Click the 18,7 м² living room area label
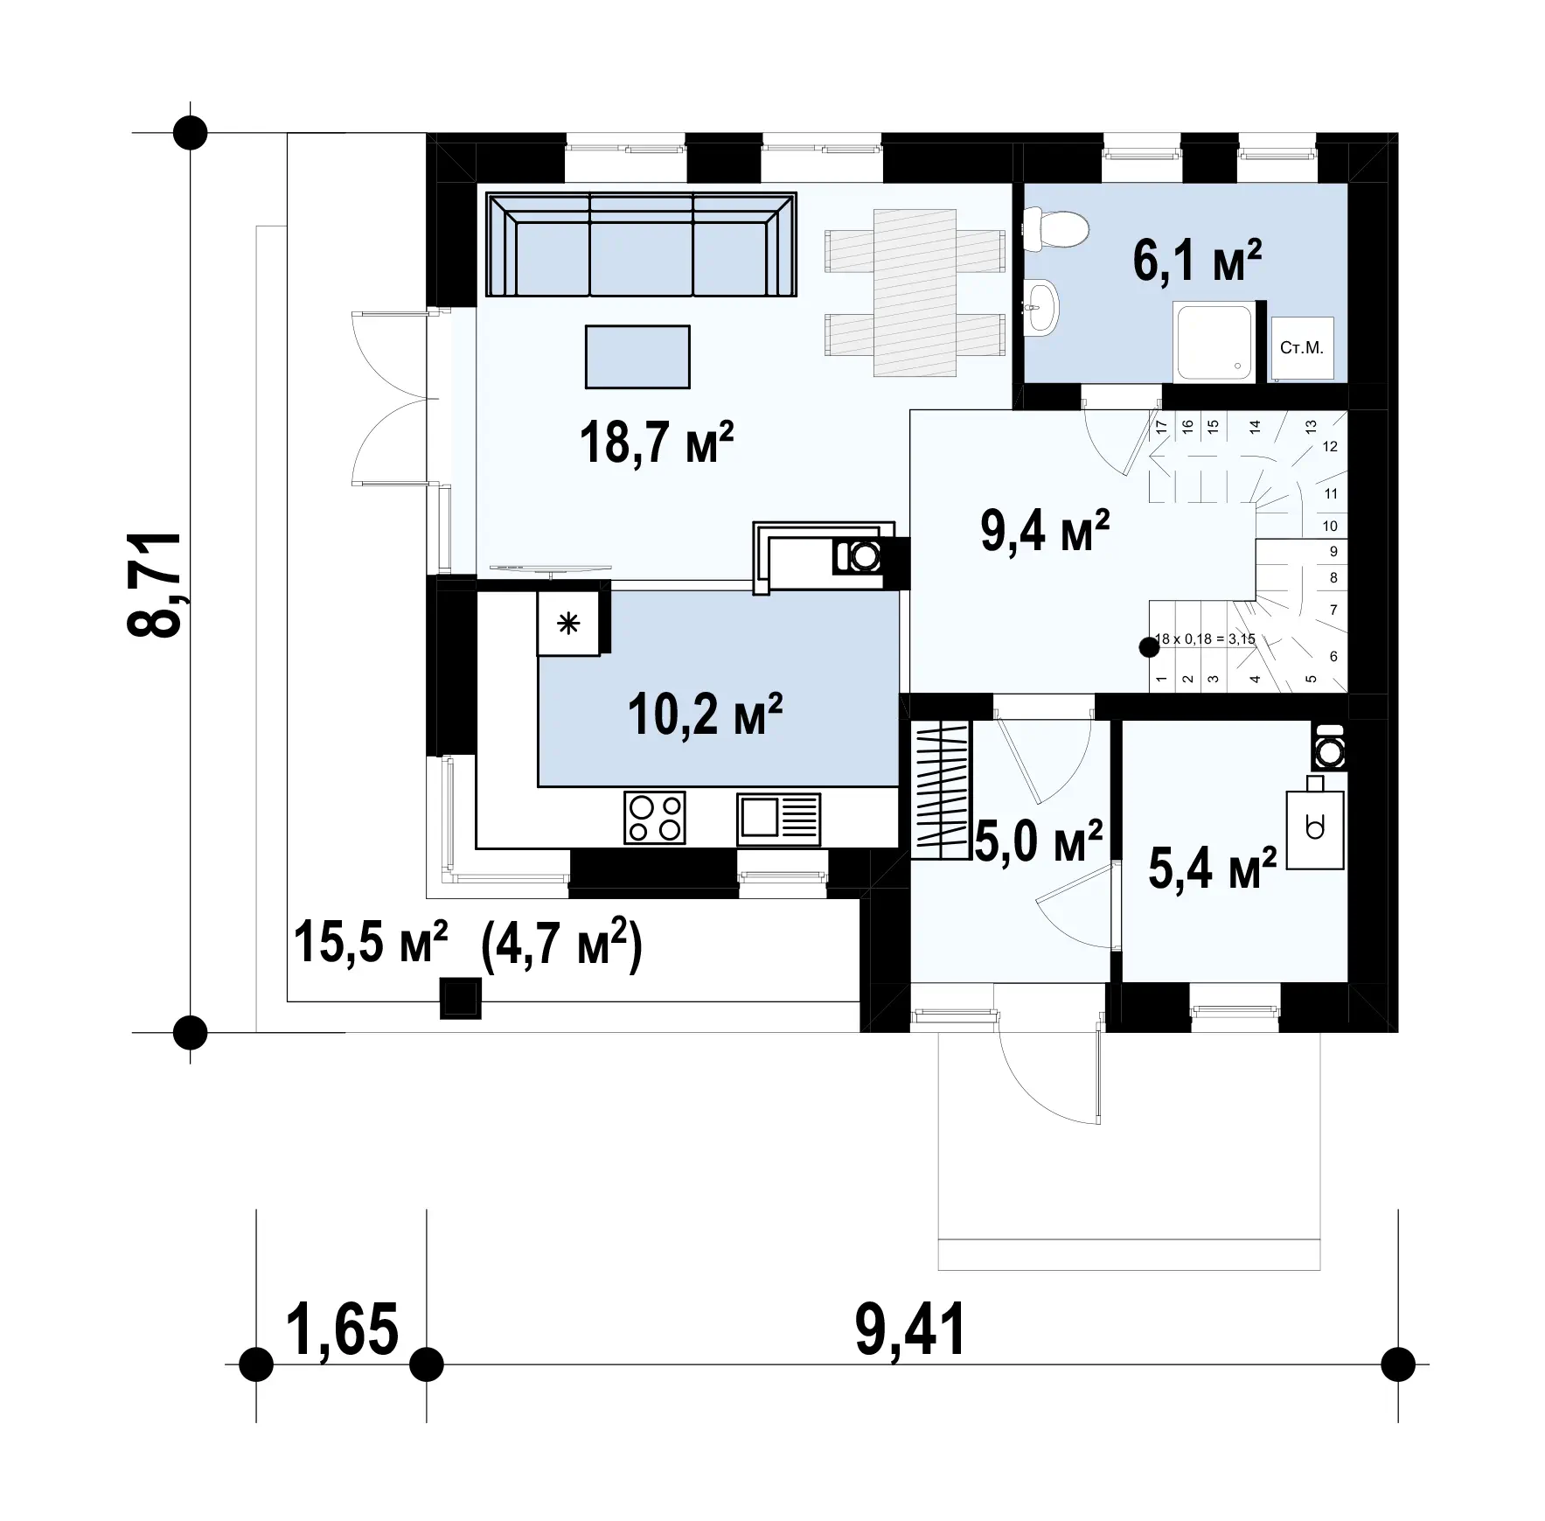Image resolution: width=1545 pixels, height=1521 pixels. coord(656,443)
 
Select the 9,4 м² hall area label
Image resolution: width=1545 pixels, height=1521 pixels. coord(1045,530)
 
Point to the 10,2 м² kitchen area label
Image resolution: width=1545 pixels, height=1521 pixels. coord(705,714)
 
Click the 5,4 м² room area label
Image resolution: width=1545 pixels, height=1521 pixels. coord(1212,868)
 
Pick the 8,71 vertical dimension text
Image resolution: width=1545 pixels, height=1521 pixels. coord(156,583)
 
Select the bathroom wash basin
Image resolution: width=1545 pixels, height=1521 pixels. coord(1040,307)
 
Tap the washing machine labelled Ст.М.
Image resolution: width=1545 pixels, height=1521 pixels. coord(1302,349)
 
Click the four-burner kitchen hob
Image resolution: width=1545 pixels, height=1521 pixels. coord(655,818)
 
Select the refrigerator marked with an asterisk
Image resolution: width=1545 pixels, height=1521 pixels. coord(568,623)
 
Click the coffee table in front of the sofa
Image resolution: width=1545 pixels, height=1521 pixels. coord(637,357)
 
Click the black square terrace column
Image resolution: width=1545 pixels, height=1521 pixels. coord(460,998)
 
